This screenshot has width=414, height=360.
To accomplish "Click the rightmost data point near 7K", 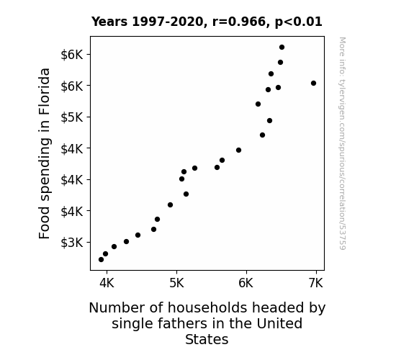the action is point(313,84).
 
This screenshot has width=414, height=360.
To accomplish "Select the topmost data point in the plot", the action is point(282,48).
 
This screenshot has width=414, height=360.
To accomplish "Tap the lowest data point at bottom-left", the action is point(101,260).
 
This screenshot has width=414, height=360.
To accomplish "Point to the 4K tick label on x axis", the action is point(107,283).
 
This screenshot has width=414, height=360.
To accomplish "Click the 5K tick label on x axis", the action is point(176,283).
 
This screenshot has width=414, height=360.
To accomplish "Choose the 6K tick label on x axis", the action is point(246,283).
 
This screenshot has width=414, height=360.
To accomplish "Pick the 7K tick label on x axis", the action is point(316,283).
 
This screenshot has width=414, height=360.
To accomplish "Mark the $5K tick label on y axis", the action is point(72,117).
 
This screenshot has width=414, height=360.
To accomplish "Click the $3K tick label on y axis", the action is point(72,242).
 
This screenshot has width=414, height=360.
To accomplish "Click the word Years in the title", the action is point(109,22).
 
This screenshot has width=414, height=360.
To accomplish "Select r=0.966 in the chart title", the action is point(239,22).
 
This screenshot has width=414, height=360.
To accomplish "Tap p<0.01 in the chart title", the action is point(299,22).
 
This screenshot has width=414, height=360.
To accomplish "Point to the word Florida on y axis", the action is point(45,91).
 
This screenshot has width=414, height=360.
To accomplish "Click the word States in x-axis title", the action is point(207,339).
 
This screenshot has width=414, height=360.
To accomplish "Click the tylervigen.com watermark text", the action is point(342,143).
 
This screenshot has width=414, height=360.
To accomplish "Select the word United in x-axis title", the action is point(279,323).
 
